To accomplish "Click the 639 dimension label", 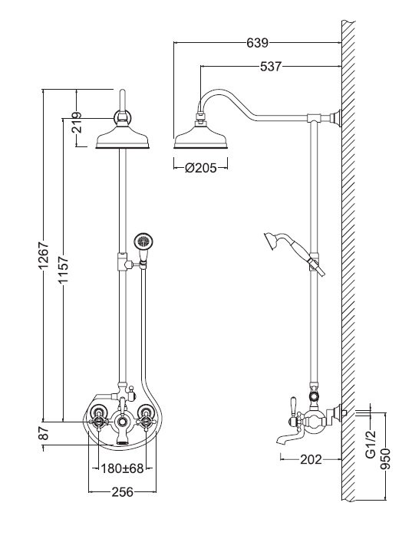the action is pos(258,43).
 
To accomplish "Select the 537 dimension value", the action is pos(271,67).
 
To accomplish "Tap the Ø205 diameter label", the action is pos(201,168).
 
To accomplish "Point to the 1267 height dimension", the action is pos(44,256).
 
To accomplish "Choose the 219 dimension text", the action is pos(77,123).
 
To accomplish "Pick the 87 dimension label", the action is pos(44,433).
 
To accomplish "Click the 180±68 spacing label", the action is pos(122,468).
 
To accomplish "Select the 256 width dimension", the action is pos(122,492).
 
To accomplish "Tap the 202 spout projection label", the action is pos(311,459).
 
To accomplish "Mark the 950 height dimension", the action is pos(385,458).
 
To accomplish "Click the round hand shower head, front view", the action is pos(143,240).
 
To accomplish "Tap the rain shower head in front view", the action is pos(123,137).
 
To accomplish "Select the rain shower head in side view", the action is pos(201,137).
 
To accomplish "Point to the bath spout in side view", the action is pos(289,436).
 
